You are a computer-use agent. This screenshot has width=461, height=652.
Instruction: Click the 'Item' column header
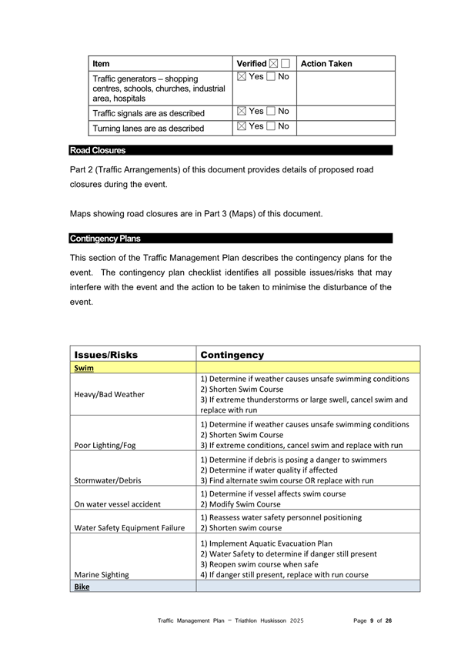[x=101, y=64]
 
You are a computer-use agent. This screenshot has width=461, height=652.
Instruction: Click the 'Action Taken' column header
[x=326, y=64]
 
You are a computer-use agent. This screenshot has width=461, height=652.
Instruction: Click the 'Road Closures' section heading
[x=98, y=150]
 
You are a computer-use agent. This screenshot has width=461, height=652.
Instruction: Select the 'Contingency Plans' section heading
[x=105, y=239]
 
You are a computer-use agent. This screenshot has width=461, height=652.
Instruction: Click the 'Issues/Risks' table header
[x=105, y=355]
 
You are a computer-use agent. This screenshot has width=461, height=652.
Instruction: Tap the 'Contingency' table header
[x=232, y=355]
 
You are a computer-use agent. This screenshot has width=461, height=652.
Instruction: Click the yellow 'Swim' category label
[x=83, y=368]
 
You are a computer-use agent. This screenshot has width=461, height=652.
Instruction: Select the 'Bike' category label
[x=82, y=587]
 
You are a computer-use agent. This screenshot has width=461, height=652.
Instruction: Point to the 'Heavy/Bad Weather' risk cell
[x=109, y=394]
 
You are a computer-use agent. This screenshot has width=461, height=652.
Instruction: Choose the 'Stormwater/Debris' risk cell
[x=109, y=480]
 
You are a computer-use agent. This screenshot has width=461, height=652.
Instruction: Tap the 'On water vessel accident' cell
[x=117, y=504]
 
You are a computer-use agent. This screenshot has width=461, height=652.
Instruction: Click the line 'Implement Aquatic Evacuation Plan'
[x=266, y=542]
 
